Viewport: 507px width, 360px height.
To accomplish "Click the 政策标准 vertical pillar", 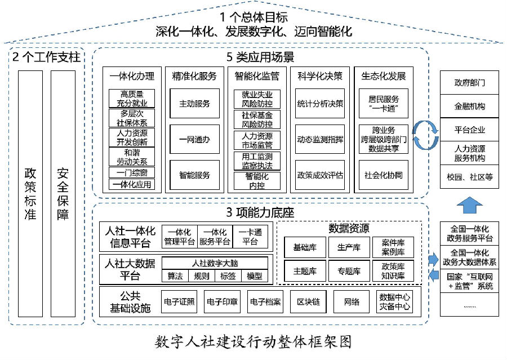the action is (30, 194).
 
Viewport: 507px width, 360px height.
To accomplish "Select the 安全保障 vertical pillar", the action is (63, 194).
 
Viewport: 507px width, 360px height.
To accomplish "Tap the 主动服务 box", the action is (195, 104).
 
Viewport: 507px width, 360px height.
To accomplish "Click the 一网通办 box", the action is (195, 139).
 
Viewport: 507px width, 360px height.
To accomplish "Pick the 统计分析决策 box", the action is (320, 104).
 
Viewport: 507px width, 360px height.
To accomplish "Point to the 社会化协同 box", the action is (384, 175).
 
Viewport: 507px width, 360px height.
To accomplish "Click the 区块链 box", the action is (309, 302).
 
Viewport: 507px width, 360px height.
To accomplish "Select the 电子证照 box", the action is (179, 302).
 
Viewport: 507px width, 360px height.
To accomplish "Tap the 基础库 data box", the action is (305, 247).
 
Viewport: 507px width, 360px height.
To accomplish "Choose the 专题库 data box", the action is (349, 271).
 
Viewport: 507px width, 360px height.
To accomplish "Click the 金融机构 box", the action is (469, 106).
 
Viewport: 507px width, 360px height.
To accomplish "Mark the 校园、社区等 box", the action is (469, 176).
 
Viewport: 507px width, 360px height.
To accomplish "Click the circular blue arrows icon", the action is (425, 135).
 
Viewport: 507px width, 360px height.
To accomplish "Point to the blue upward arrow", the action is (469, 205).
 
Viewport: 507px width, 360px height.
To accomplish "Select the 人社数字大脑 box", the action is (215, 263).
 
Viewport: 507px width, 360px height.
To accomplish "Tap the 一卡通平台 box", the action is (250, 237).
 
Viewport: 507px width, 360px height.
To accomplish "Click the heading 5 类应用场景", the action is (260, 57).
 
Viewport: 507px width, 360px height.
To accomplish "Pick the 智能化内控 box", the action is (257, 181).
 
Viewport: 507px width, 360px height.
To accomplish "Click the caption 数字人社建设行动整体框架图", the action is (253, 342).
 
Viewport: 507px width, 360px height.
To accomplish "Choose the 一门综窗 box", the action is (132, 172).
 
